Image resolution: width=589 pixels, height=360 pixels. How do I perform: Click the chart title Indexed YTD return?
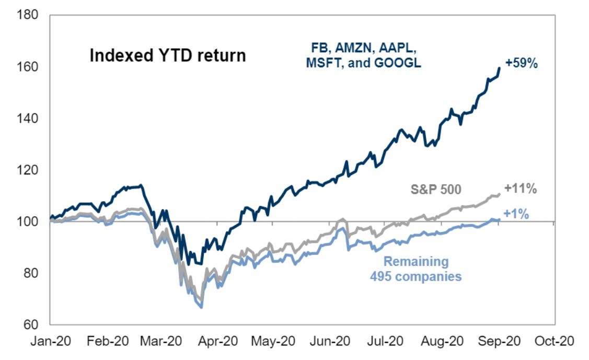tap(167, 55)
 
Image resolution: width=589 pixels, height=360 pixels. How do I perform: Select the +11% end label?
tap(521, 189)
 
